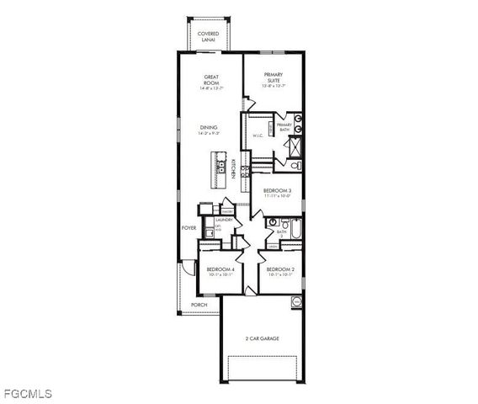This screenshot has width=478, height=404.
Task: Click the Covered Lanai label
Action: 208,36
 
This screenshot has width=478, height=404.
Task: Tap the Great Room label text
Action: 211,82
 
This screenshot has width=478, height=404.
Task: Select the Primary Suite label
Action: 274,77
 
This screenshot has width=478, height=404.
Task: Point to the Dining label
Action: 209,130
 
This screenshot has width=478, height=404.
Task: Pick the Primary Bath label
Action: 284,126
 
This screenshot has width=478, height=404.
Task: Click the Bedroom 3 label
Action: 277,193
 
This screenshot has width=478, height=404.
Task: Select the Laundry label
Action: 223,221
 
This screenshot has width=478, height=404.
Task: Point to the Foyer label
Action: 189,228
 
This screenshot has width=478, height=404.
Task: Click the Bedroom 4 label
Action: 220,271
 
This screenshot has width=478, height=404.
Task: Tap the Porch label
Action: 199,305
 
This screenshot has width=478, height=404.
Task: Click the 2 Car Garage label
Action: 262,338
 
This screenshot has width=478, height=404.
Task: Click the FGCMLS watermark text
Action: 27,393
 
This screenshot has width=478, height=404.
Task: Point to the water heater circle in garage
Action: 295,301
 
